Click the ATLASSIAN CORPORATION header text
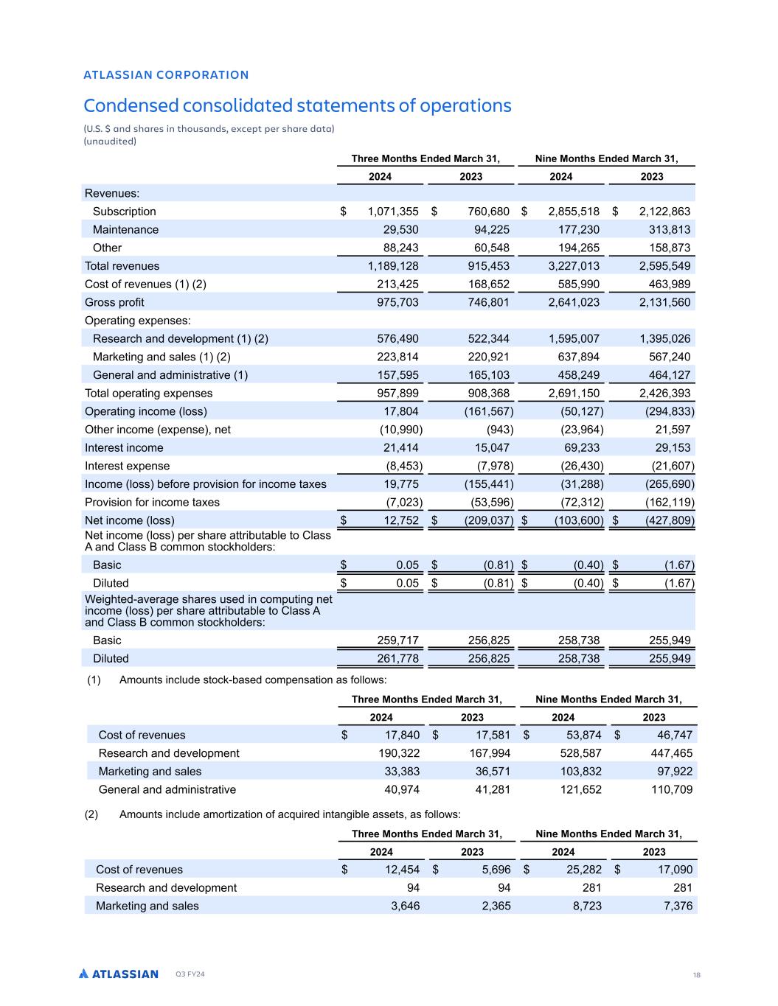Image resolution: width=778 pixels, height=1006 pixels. click(166, 74)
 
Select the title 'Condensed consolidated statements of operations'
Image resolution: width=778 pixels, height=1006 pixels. click(297, 105)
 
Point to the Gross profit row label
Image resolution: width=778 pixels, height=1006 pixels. click(114, 302)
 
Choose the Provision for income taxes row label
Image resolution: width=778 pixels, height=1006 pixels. click(152, 503)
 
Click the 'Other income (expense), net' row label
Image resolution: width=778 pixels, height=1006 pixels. click(158, 430)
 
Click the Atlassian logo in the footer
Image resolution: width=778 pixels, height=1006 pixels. click(119, 974)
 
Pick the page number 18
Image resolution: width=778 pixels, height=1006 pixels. click(696, 975)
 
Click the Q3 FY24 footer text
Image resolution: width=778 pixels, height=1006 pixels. click(190, 974)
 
